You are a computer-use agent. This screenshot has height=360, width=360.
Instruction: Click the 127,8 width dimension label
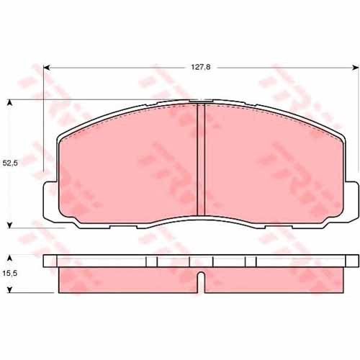pos(201,67)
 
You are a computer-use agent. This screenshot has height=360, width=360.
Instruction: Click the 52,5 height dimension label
pos(10,163)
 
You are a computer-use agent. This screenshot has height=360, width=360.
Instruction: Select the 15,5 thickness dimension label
pos(10,273)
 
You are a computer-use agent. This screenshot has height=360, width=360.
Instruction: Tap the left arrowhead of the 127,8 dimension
pos(47,68)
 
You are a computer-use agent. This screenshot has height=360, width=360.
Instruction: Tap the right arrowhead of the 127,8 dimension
pos(356,68)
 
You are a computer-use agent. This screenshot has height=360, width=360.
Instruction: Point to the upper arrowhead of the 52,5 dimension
pos(9,103)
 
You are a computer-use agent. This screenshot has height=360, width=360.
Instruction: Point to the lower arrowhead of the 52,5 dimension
pos(9,225)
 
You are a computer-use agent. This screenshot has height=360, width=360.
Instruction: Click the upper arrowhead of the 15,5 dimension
pos(9,258)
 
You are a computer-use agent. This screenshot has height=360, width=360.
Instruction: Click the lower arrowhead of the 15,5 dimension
pos(9,289)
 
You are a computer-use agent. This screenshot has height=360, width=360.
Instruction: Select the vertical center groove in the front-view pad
pos(201,160)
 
